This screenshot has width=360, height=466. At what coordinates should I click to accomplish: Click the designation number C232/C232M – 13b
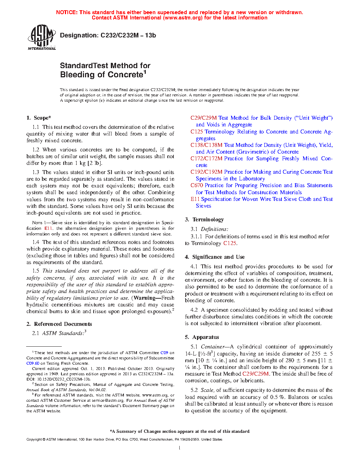coord(128,35)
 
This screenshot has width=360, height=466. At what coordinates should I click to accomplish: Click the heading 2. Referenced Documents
coord(59,324)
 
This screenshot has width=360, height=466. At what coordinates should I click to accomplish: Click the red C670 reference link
coord(197,185)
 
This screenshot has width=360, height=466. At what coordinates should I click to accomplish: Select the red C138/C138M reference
coord(206,145)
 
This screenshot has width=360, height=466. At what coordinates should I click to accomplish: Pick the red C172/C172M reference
coord(206,159)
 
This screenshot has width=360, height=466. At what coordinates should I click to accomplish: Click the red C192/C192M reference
coord(206,172)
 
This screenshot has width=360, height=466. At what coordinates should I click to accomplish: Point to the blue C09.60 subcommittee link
coord(33,363)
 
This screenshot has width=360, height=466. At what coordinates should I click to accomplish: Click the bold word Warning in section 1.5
coord(145,298)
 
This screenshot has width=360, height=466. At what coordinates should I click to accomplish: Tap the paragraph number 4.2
coord(194,310)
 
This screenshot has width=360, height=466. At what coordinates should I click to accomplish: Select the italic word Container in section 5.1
coord(212,347)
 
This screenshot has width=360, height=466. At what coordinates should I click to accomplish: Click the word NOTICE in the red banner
coord(67,12)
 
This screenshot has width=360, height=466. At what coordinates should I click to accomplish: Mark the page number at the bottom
coord(180,448)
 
